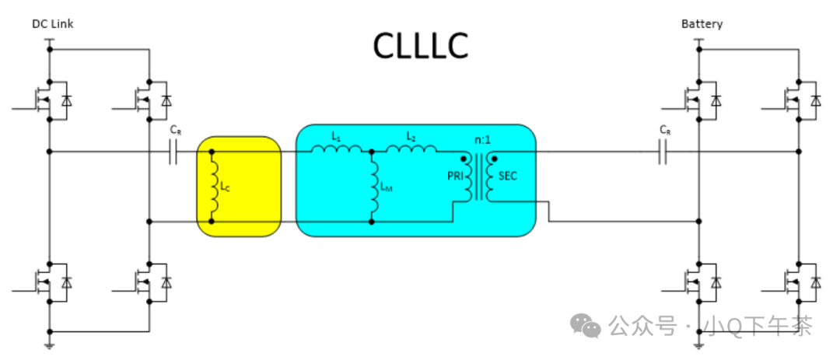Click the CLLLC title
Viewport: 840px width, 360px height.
pos(420,47)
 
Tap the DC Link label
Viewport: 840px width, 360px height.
pos(52,24)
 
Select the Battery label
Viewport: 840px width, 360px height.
pos(702,24)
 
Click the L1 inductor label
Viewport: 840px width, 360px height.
pos(336,135)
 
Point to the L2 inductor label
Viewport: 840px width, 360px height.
pos(411,135)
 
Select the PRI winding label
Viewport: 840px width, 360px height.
pos(456,177)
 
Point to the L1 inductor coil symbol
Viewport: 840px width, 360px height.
pos(336,149)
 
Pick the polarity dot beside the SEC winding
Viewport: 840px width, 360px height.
pos(494,158)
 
